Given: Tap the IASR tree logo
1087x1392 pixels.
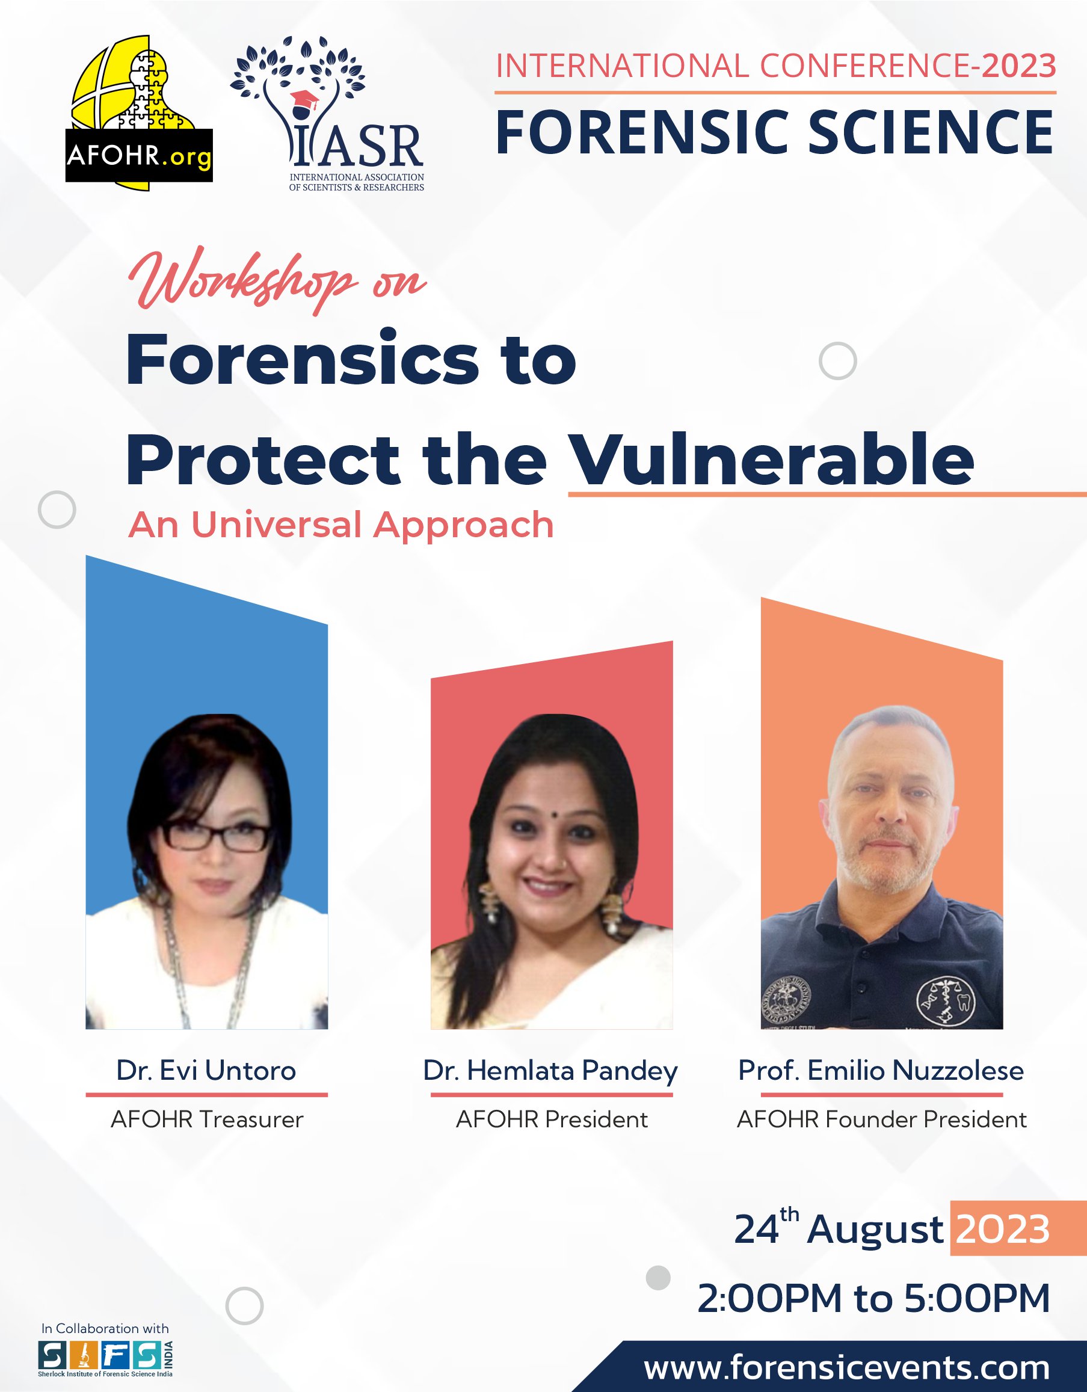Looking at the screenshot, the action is pyautogui.click(x=327, y=114).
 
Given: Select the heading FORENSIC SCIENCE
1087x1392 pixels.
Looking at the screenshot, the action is pyautogui.click(x=775, y=132).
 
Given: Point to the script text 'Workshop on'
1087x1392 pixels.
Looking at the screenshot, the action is pyautogui.click(x=277, y=280).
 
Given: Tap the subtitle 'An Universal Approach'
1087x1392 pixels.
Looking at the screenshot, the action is pyautogui.click(x=341, y=525).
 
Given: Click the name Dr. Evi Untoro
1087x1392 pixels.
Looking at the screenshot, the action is pyautogui.click(x=206, y=1070).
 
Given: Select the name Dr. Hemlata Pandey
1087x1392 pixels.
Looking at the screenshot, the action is pyautogui.click(x=551, y=1071).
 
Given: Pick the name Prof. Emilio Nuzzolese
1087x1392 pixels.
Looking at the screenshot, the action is pyautogui.click(x=881, y=1070).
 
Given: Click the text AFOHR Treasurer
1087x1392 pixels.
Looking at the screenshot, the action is pyautogui.click(x=207, y=1119).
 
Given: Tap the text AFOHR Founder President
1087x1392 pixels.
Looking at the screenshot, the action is pyautogui.click(x=882, y=1119).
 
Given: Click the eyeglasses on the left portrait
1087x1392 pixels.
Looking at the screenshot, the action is pyautogui.click(x=217, y=836).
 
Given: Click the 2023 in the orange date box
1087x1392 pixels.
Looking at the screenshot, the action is pyautogui.click(x=1003, y=1229).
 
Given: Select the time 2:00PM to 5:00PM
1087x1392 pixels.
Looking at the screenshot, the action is pyautogui.click(x=873, y=1299).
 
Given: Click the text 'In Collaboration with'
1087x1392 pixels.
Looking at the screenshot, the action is pyautogui.click(x=105, y=1328).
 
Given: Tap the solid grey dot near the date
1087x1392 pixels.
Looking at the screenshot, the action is pyautogui.click(x=658, y=1277).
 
